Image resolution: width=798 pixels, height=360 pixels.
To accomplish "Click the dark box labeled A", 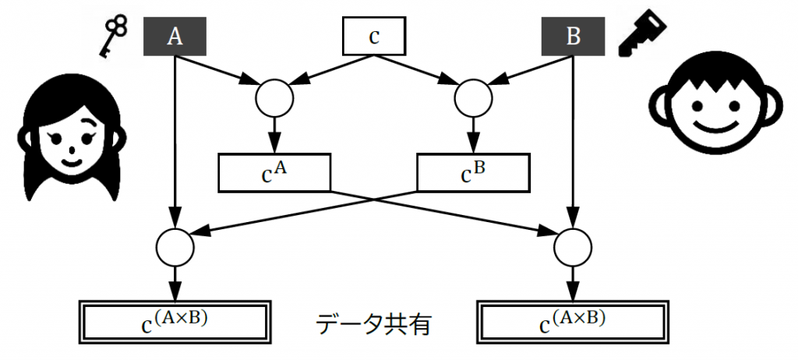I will point(175,37).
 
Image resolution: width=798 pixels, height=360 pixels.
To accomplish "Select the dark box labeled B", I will point(574,37).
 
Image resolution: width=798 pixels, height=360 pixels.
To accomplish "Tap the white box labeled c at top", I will point(375,37).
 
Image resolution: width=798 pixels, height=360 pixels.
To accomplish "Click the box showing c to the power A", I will point(275,172).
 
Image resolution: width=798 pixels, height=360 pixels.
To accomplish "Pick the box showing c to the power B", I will point(473,172).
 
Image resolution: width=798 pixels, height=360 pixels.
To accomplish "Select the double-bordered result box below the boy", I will point(574,321).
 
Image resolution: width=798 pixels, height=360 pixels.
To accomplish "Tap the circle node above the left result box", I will point(175,247).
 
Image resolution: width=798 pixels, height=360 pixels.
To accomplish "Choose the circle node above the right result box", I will point(574,247).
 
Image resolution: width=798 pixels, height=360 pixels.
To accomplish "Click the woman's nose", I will point(70,149).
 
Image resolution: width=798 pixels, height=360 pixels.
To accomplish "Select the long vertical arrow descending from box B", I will point(574,140).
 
